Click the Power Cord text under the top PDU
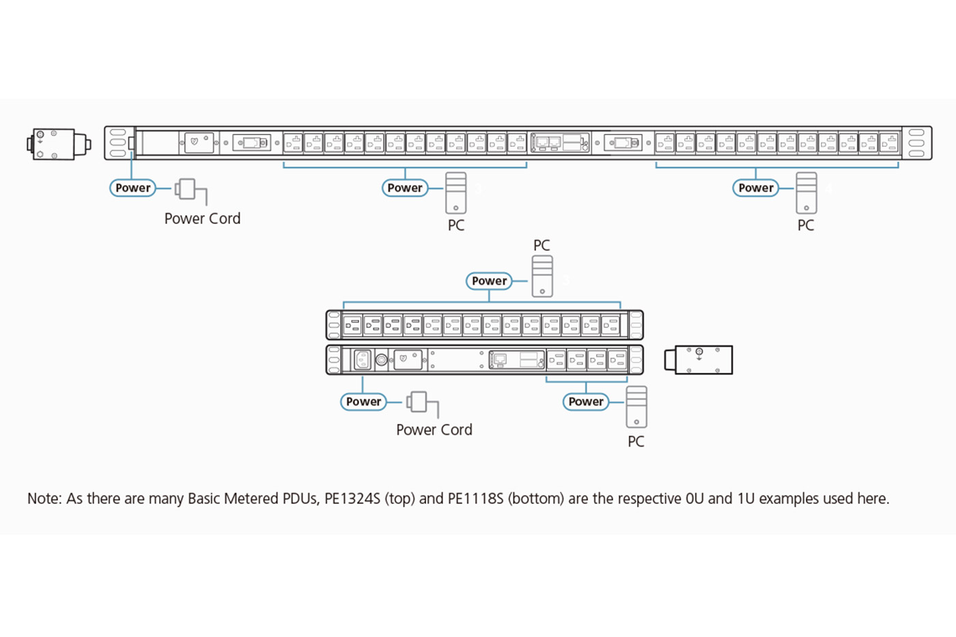[x=202, y=218]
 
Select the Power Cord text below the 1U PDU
[x=434, y=429]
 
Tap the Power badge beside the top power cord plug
[x=132, y=188]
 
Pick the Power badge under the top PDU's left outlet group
[x=405, y=188]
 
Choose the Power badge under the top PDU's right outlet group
[x=755, y=188]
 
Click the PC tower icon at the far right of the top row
[x=806, y=193]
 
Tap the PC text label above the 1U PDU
[x=542, y=245]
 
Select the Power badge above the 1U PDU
[x=489, y=281]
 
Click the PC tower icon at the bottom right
[x=636, y=407]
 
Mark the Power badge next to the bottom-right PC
[x=586, y=401]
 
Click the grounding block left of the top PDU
[x=57, y=144]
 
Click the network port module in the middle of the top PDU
[x=560, y=143]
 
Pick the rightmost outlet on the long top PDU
[x=888, y=143]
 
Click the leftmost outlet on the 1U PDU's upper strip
[x=352, y=325]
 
